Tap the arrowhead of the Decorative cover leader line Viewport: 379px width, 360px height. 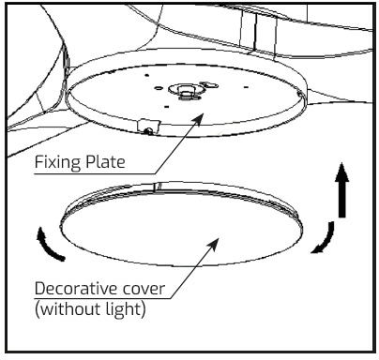218,239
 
